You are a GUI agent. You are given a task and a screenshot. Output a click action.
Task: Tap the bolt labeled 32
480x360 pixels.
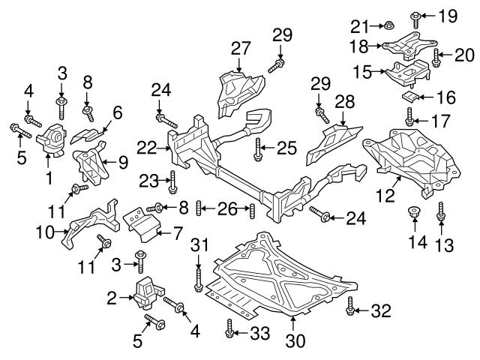(350, 308)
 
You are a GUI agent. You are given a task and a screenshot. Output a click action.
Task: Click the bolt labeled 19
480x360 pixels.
(414, 14)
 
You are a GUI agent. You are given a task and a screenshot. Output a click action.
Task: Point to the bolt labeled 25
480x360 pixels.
(257, 149)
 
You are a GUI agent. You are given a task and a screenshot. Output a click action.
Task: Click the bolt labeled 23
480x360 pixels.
(173, 181)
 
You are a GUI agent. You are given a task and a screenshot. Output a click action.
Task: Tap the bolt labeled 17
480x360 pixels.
(410, 117)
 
